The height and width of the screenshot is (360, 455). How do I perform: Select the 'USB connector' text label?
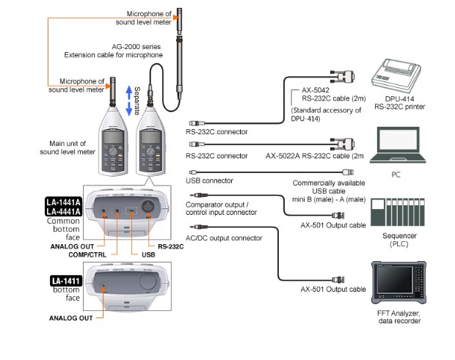coord(209,180)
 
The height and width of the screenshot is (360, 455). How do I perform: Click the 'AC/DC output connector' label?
coord(224,238)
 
